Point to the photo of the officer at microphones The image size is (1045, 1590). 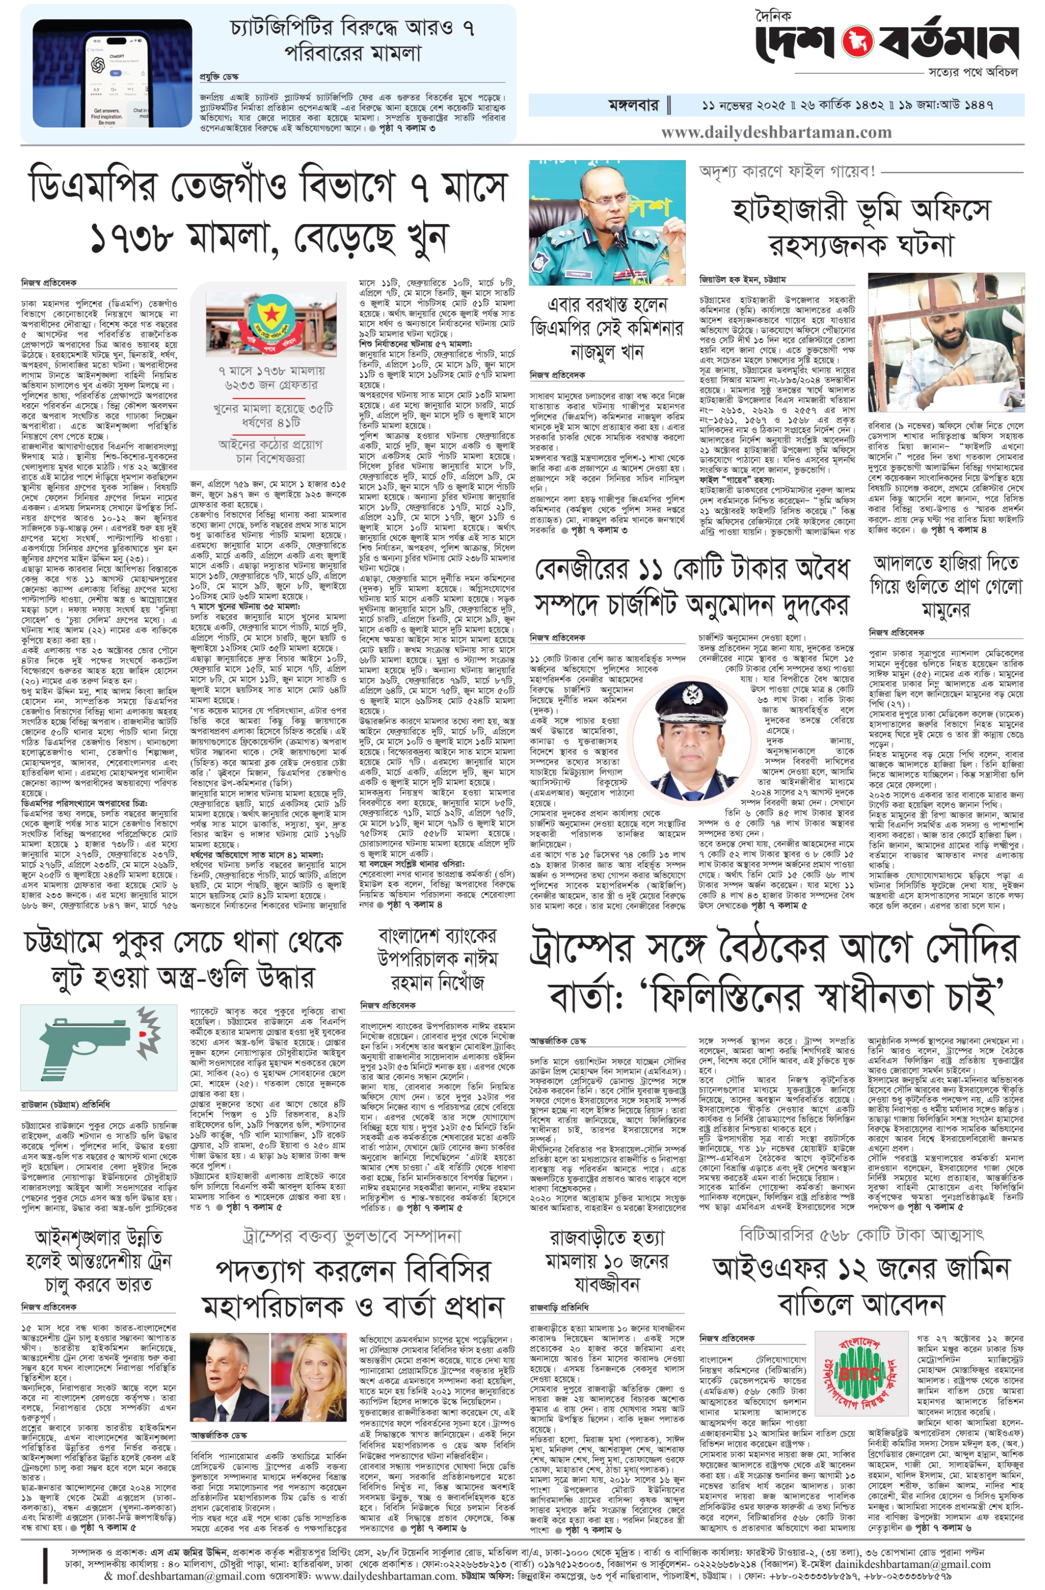pyautogui.click(x=607, y=223)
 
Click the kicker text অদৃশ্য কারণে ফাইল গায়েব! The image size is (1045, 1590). pyautogui.click(x=787, y=171)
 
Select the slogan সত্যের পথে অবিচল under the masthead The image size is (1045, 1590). pyautogui.click(x=972, y=71)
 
